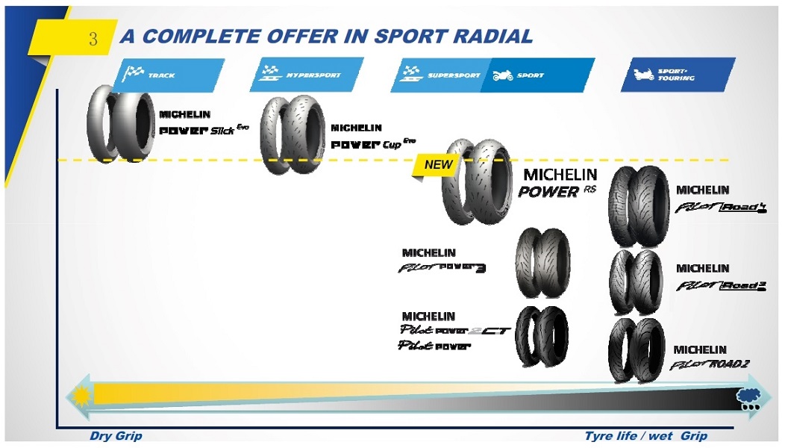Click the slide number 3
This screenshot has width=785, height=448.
pos(93,39)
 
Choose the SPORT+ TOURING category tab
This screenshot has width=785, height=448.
pos(676,75)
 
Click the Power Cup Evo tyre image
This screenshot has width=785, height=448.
pos(292,135)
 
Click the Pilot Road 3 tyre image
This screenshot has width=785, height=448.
pos(635,282)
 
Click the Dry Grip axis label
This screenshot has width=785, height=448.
pos(116,436)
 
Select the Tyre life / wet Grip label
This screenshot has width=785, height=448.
pos(646,436)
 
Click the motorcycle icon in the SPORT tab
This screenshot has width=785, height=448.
pos(501,75)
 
